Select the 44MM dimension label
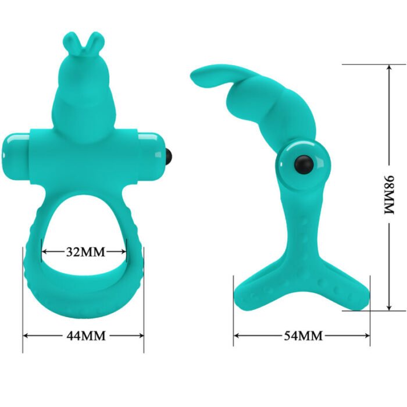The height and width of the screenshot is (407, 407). [x=83, y=335]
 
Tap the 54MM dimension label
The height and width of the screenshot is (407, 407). [x=302, y=335]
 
